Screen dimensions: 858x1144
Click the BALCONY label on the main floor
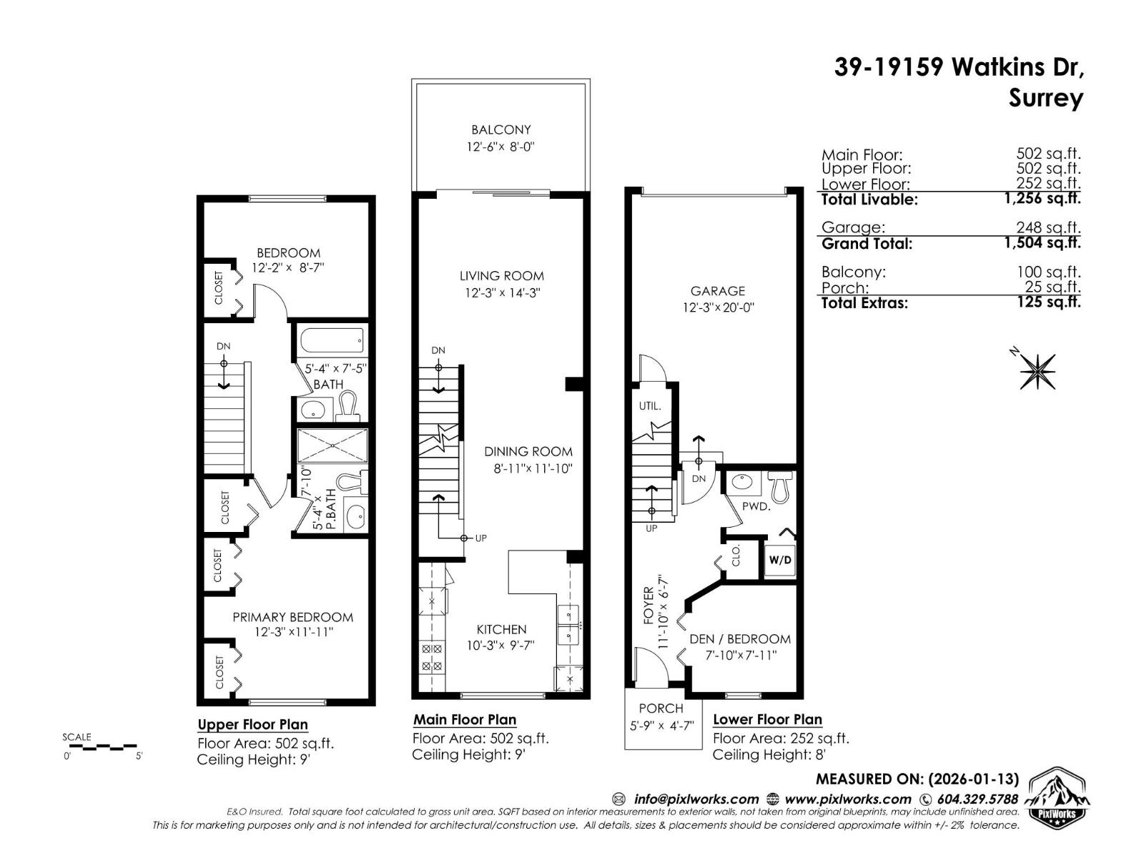500,130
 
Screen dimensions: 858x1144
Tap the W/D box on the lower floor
779,559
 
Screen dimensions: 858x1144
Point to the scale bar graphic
102,747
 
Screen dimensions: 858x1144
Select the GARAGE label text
717,291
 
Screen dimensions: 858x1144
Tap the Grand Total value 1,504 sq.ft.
1042,243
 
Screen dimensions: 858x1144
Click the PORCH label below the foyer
661,709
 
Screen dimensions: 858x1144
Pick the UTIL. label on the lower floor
650,406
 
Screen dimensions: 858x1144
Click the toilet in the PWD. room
779,485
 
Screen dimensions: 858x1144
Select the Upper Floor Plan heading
252,724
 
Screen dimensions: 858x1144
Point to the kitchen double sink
568,623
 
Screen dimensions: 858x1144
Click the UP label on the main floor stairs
480,538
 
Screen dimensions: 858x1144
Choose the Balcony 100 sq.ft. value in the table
1048,272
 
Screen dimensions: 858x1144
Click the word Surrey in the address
1045,98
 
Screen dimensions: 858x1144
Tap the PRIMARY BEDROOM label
292,617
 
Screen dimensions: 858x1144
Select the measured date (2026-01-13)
973,779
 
